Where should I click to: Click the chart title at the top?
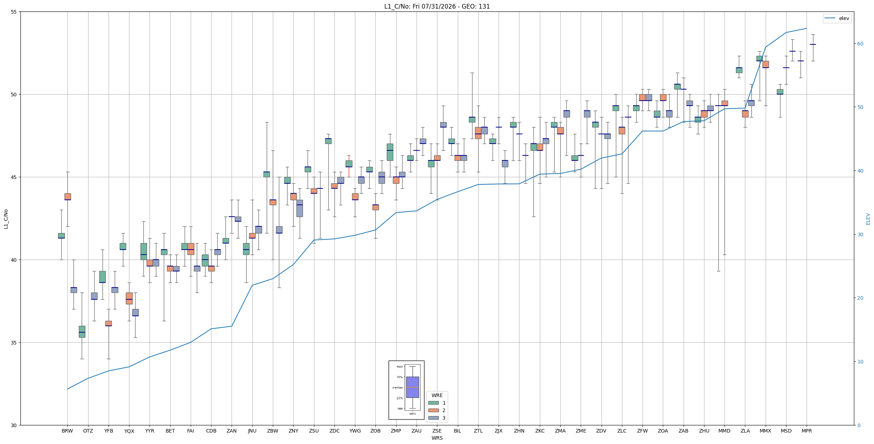(437, 6)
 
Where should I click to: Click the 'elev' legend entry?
(837, 18)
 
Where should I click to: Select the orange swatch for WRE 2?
(433, 410)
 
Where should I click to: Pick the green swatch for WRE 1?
(433, 403)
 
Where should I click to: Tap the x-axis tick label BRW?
(67, 431)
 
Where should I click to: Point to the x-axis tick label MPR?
(807, 431)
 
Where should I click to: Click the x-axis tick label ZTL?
(478, 431)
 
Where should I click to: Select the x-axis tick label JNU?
(252, 431)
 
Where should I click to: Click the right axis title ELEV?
(868, 219)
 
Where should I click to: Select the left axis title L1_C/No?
(6, 219)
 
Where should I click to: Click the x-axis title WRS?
(437, 438)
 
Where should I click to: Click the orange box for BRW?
(67, 197)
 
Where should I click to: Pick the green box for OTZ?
(82, 332)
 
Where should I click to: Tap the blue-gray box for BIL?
(464, 158)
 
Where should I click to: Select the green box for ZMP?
(390, 152)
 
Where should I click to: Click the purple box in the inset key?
(412, 387)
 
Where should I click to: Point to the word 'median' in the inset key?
(397, 387)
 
